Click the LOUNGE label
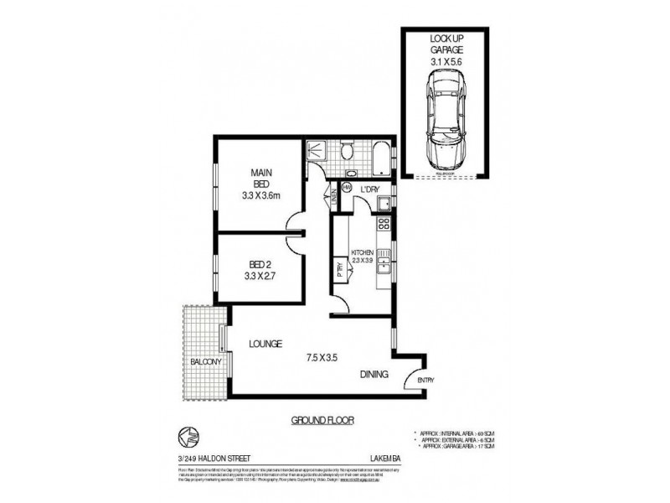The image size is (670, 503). [263, 344]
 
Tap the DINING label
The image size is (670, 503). [374, 375]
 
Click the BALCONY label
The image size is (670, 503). [204, 362]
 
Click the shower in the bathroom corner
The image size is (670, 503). [317, 151]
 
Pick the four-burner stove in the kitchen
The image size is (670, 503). [384, 224]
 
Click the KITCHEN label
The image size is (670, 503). [363, 251]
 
